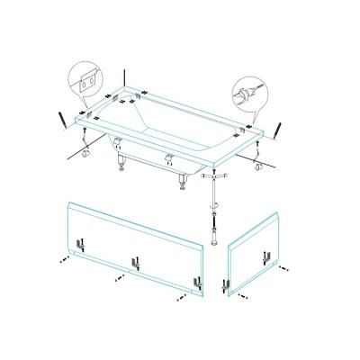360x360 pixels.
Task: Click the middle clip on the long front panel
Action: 135,264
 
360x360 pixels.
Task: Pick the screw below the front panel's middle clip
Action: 118,280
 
